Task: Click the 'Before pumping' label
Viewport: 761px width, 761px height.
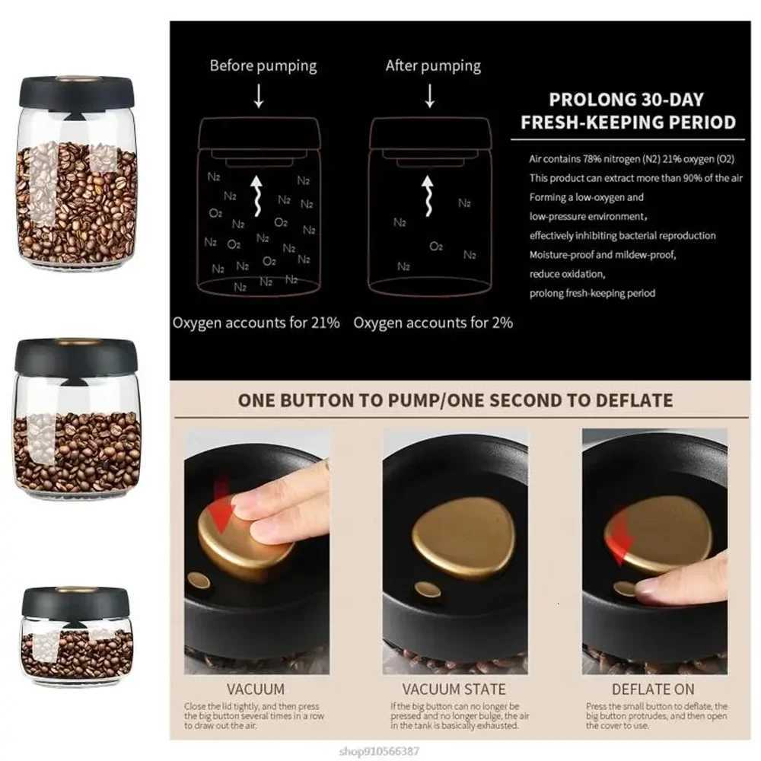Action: (263, 65)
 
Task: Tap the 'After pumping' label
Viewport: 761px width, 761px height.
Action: (433, 65)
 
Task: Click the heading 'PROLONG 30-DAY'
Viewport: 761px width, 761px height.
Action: (626, 100)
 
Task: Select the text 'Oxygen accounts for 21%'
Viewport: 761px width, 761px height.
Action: (256, 323)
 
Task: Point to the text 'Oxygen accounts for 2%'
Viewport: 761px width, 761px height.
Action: (433, 323)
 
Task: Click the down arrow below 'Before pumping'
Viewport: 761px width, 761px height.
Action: (259, 96)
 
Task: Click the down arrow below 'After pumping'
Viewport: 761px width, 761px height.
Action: (430, 96)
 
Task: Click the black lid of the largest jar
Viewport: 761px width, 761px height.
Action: (77, 92)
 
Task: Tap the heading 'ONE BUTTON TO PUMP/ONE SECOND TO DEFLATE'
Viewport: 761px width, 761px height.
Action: (455, 400)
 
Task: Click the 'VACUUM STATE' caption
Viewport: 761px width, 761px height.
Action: (454, 689)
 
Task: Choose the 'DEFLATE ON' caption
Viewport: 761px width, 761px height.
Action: (653, 689)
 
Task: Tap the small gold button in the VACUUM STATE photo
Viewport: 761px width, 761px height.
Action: (427, 590)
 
